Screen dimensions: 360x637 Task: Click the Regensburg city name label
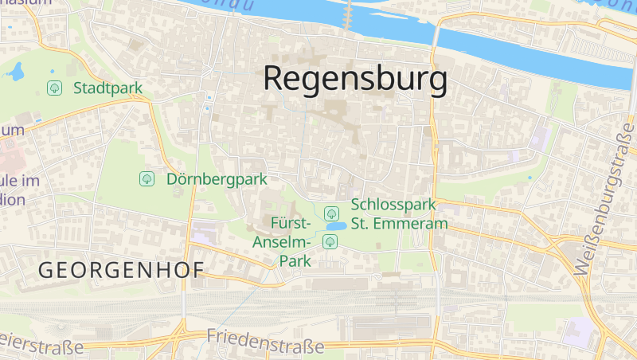[354, 80]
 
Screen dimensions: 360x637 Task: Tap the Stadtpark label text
[107, 88]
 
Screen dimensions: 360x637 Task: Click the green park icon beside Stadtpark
[55, 88]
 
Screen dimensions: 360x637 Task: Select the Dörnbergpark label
[217, 179]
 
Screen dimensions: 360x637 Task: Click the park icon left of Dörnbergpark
[147, 179]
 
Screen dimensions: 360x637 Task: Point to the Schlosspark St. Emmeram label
[399, 214]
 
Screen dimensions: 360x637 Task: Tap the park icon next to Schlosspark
[331, 213]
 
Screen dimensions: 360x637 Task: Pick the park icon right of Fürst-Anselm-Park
[329, 241]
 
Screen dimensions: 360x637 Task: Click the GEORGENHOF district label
[121, 270]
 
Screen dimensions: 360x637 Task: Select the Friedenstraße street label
[265, 342]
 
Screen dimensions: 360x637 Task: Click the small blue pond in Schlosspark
[335, 226]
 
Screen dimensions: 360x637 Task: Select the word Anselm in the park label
[279, 242]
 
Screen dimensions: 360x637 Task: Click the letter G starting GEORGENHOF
[45, 270]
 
